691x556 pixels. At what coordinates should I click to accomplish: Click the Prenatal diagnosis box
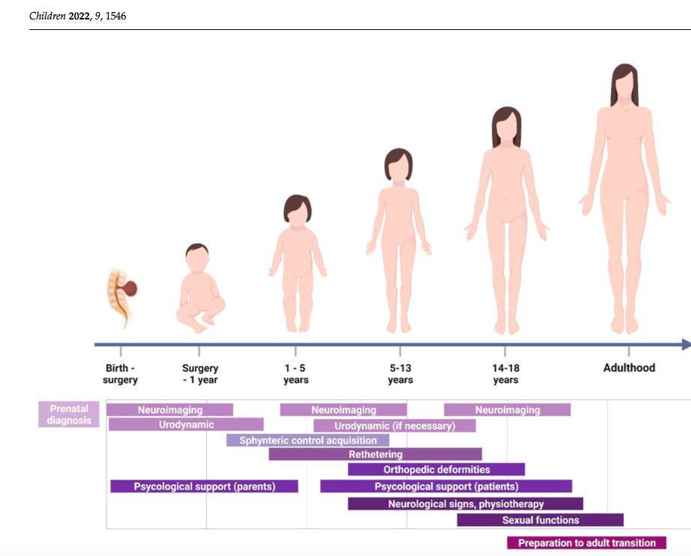68,414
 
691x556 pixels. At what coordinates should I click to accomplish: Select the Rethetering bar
375,454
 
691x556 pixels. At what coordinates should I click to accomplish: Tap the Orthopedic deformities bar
436,470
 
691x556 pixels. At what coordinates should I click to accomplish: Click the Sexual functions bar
540,520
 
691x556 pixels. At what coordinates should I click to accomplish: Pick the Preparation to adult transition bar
586,543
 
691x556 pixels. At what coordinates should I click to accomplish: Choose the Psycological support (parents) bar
204,486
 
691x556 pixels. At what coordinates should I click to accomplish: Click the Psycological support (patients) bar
446,486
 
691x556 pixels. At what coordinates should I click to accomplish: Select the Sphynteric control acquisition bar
307,441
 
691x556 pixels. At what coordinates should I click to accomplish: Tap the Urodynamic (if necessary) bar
394,426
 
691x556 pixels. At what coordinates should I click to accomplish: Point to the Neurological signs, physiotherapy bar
465,504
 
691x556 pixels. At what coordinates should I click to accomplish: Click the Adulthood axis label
629,368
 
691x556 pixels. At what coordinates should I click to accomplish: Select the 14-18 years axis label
505,374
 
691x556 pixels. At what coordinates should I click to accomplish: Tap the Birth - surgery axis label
120,374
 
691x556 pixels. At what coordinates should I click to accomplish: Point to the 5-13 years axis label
399,374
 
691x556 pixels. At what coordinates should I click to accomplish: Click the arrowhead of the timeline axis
685,345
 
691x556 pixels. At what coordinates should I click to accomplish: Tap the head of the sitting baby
197,258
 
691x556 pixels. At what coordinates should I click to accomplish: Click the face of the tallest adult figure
624,87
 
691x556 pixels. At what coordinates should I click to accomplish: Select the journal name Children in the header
47,16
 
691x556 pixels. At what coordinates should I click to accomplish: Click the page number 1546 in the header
115,16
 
